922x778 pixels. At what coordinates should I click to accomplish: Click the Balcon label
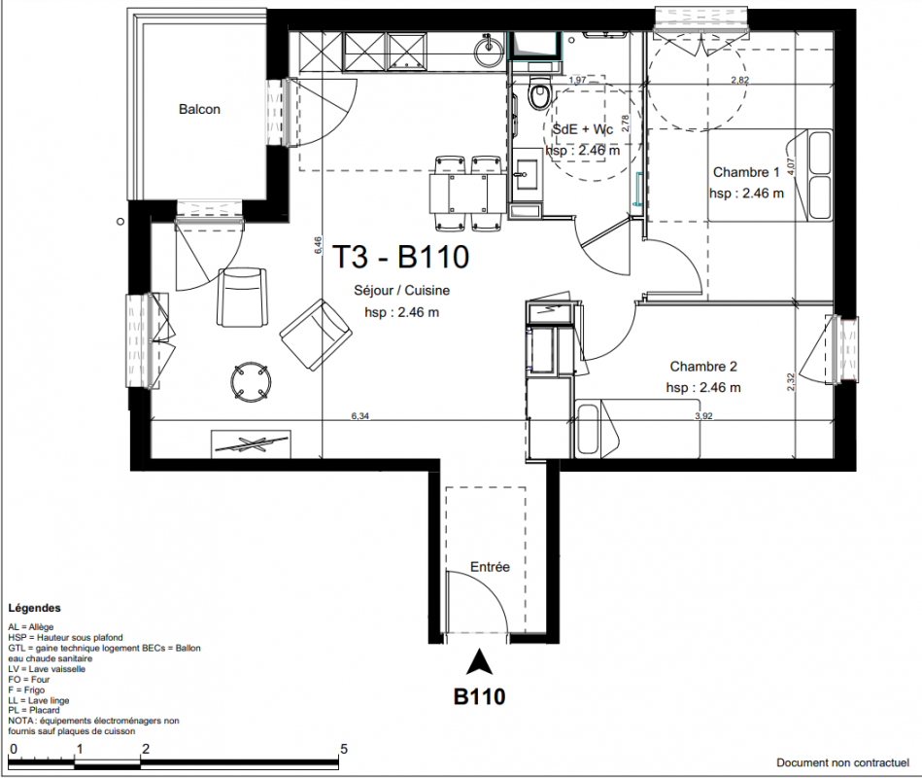coord(199,110)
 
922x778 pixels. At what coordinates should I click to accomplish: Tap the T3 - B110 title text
coord(401,257)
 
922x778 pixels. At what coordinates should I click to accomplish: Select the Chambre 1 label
coord(746,172)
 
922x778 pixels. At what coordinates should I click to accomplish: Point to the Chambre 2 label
coord(703,367)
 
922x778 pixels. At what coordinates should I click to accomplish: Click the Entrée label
coord(490,567)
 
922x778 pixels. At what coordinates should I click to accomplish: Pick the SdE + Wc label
coord(583,129)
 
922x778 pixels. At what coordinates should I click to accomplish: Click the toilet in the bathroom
coord(538,93)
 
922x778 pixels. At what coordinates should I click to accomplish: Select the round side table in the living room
coord(251,382)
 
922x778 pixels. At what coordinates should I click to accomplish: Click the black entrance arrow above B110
coord(479,661)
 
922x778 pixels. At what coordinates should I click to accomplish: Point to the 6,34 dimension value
coord(360,416)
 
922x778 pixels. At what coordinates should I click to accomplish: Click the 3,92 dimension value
coord(703,416)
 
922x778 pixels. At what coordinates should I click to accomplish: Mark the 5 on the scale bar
coord(344,749)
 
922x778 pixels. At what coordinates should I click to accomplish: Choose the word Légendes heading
coord(35,608)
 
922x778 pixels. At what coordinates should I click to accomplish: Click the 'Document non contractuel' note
coord(842,762)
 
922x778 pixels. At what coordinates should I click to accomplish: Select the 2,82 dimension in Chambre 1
coord(739,80)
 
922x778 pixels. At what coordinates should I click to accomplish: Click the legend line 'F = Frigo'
coord(26,690)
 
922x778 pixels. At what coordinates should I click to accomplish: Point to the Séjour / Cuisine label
coord(401,290)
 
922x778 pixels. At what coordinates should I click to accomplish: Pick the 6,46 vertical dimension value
coord(318,245)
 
